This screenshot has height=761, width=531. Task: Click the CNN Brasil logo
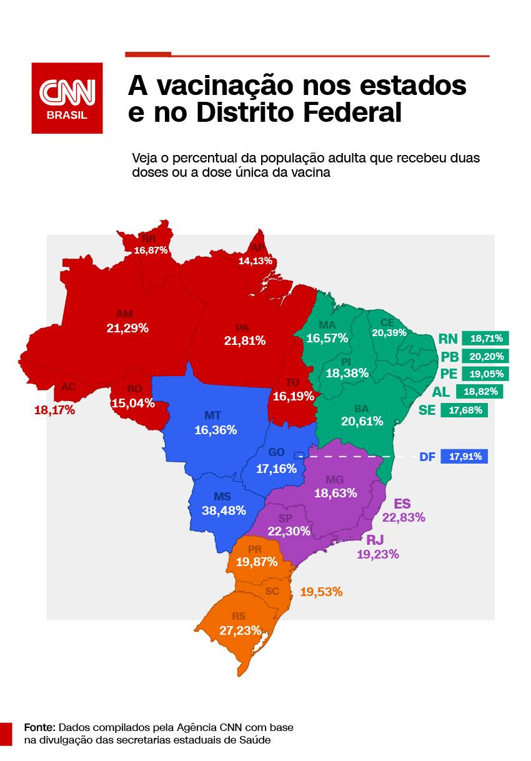[x=67, y=98]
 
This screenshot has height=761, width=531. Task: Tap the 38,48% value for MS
[x=224, y=510]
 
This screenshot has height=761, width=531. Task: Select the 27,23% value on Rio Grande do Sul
[x=240, y=630]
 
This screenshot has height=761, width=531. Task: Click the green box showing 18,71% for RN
[x=486, y=339]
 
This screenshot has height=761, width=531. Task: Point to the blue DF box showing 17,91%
[x=464, y=457]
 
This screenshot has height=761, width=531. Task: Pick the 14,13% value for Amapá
[x=256, y=261]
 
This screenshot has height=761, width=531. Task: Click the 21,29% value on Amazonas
[x=127, y=327]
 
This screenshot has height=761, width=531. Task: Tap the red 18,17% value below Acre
[x=54, y=410]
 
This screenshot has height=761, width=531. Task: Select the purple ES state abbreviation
[x=402, y=504]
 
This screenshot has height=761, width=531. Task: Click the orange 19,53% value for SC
[x=321, y=591]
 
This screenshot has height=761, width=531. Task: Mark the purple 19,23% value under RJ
[x=377, y=554]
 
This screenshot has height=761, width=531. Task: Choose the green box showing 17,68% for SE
[x=464, y=410]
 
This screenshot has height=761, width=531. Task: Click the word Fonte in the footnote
[x=40, y=728]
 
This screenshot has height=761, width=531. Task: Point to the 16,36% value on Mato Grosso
[x=216, y=430]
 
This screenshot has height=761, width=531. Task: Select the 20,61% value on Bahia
[x=362, y=421]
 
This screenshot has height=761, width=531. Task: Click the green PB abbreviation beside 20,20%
[x=449, y=357]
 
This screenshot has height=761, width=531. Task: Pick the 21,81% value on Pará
[x=245, y=341]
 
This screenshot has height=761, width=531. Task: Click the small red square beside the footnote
[x=6, y=734]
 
